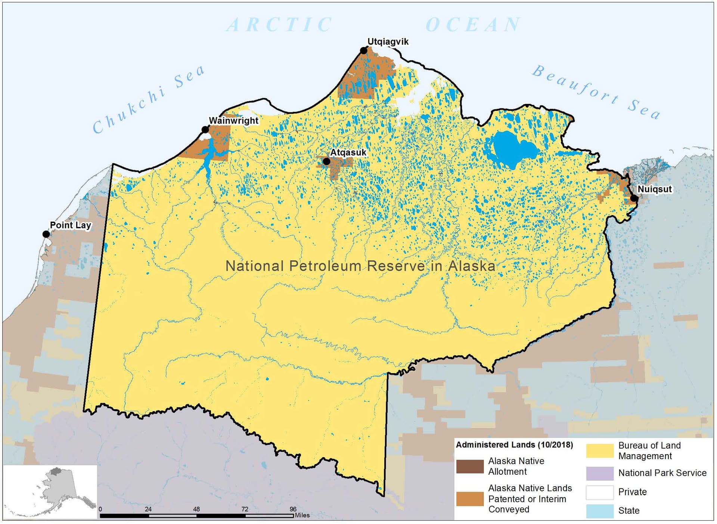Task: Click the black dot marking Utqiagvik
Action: pyautogui.click(x=363, y=50)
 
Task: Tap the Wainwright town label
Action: pyautogui.click(x=233, y=121)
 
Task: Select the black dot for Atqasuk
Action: pyautogui.click(x=326, y=161)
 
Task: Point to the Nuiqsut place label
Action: pyautogui.click(x=654, y=189)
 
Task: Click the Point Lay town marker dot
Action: pyautogui.click(x=46, y=234)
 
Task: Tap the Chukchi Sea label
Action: pyautogui.click(x=149, y=99)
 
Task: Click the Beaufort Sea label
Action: pyautogui.click(x=596, y=92)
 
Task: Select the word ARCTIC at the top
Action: pyautogui.click(x=280, y=25)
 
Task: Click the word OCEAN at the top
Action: pyautogui.click(x=473, y=25)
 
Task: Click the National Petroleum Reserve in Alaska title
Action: pyautogui.click(x=360, y=266)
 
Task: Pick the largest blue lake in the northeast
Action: pyautogui.click(x=513, y=149)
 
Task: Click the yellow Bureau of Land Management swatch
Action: pyautogui.click(x=599, y=450)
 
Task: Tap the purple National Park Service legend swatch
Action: pyautogui.click(x=599, y=473)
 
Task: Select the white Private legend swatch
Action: pyautogui.click(x=599, y=492)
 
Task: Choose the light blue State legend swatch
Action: pyautogui.click(x=599, y=511)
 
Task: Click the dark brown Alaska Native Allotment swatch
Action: pyautogui.click(x=470, y=466)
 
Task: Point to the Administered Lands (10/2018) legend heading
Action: pyautogui.click(x=514, y=445)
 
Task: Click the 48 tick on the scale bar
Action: pyautogui.click(x=196, y=509)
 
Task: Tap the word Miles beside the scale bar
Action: pyautogui.click(x=302, y=515)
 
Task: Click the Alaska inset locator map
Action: pyautogui.click(x=50, y=492)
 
